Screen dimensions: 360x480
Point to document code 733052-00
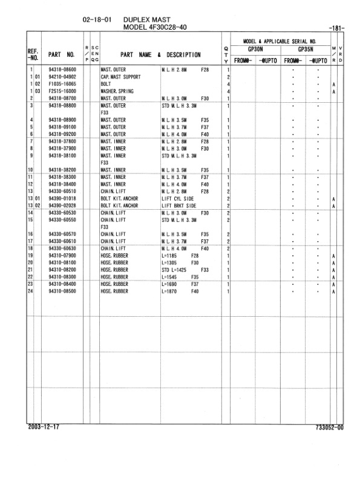(329, 427)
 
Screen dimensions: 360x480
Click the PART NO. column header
(62, 54)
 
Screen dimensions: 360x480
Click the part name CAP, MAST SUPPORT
(120, 77)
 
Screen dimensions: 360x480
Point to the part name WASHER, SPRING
(117, 91)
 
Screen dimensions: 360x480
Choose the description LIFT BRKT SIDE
(180, 206)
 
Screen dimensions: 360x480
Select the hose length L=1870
(172, 291)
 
